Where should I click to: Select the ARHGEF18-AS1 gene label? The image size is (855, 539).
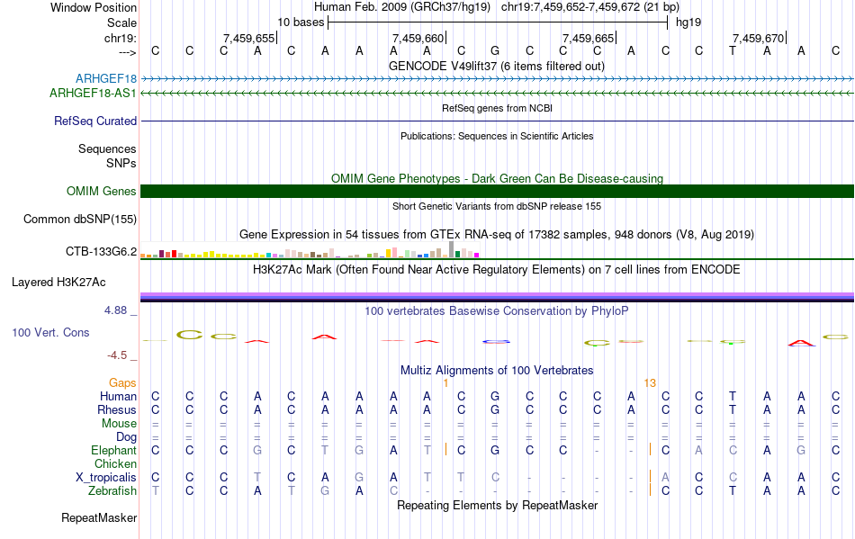point(94,93)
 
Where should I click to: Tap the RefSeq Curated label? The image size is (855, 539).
point(95,121)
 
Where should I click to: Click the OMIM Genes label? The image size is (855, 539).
point(102,191)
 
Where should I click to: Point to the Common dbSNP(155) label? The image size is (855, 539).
point(80,219)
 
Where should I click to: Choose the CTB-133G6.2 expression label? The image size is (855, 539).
point(101,251)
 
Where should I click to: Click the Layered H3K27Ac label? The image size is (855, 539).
point(58,282)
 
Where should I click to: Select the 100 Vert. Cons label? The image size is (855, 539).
point(50,332)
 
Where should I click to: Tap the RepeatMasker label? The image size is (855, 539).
point(99,517)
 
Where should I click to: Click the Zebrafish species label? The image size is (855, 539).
point(112,490)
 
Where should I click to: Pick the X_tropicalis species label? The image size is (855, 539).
point(106,477)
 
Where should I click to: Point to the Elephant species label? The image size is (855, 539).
point(113,450)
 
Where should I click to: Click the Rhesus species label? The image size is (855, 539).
point(117,409)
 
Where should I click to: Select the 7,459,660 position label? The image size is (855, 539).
point(418,38)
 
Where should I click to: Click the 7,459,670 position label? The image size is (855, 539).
point(758,38)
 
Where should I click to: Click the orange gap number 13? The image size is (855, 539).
point(650,382)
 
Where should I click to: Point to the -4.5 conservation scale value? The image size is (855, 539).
point(118,355)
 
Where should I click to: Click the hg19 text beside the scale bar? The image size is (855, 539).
point(688,22)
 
